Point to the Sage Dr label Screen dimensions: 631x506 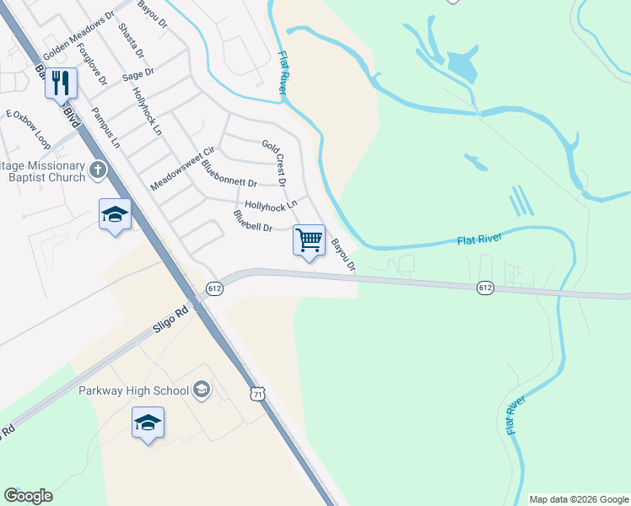point(138,75)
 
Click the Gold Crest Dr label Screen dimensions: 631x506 point(274,163)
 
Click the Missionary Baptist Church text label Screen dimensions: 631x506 point(44,171)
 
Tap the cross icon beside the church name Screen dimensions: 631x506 point(98,171)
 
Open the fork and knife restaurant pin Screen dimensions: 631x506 point(61,83)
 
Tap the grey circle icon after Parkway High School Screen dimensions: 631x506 point(201,390)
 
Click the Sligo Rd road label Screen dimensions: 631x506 point(170,320)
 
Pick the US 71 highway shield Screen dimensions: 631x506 point(258,394)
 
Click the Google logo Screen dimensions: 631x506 point(28,496)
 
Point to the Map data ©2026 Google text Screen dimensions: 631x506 point(578,499)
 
